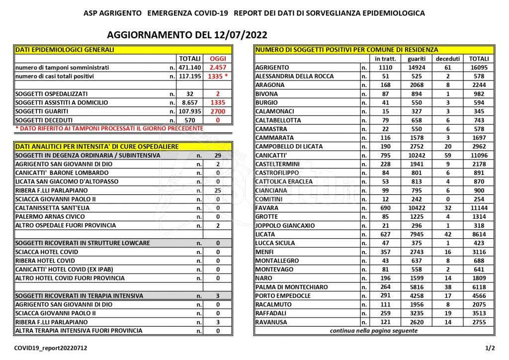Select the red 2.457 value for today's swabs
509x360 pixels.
click(x=218, y=68)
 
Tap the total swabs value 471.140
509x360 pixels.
click(x=190, y=68)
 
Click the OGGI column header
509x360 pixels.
click(x=218, y=59)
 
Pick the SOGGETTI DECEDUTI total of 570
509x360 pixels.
click(x=190, y=120)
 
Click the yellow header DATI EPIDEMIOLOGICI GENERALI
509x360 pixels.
click(x=65, y=50)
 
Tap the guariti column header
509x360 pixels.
click(x=416, y=59)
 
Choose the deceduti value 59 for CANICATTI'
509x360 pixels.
click(x=448, y=155)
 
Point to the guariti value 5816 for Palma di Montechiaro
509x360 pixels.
click(x=416, y=287)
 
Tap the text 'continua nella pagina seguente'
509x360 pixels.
click(x=375, y=331)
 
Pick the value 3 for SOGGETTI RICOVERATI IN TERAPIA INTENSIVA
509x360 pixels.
click(x=218, y=296)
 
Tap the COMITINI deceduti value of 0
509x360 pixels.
click(x=448, y=199)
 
